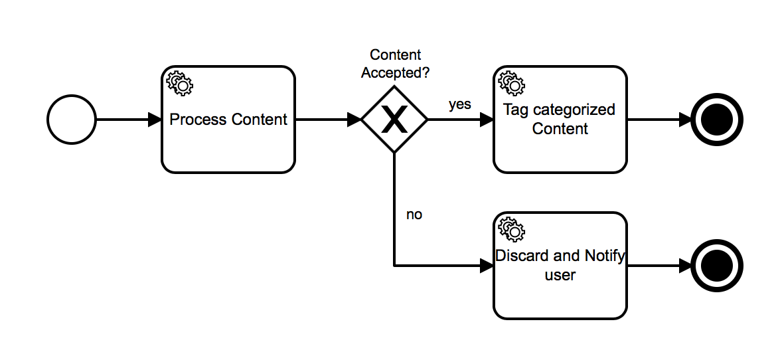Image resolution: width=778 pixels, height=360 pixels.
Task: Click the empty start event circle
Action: tap(72, 120)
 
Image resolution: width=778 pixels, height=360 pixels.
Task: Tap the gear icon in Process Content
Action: tap(179, 83)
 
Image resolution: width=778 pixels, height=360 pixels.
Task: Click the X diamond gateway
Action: tap(395, 120)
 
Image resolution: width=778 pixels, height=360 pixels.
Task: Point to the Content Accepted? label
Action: tap(395, 64)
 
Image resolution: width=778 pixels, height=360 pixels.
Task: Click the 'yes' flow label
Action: tap(459, 104)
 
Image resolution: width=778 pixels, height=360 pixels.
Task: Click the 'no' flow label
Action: tap(414, 215)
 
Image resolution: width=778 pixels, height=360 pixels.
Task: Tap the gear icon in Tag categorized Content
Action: tap(511, 83)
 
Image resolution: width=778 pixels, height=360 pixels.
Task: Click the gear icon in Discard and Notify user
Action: tap(511, 229)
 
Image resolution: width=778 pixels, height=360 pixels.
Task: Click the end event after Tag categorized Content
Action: tap(716, 120)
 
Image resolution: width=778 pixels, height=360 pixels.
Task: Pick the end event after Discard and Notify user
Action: tap(716, 266)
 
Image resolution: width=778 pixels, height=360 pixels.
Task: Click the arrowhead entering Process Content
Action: tap(155, 120)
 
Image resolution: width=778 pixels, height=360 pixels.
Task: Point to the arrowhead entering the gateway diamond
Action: tap(354, 120)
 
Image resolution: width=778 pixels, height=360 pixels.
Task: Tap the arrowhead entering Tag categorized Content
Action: tap(487, 120)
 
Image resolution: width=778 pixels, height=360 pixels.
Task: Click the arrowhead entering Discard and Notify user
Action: tap(487, 266)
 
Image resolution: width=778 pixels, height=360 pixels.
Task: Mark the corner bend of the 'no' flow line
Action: tap(395, 266)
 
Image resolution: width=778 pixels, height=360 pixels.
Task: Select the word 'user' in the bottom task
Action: tap(560, 274)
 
